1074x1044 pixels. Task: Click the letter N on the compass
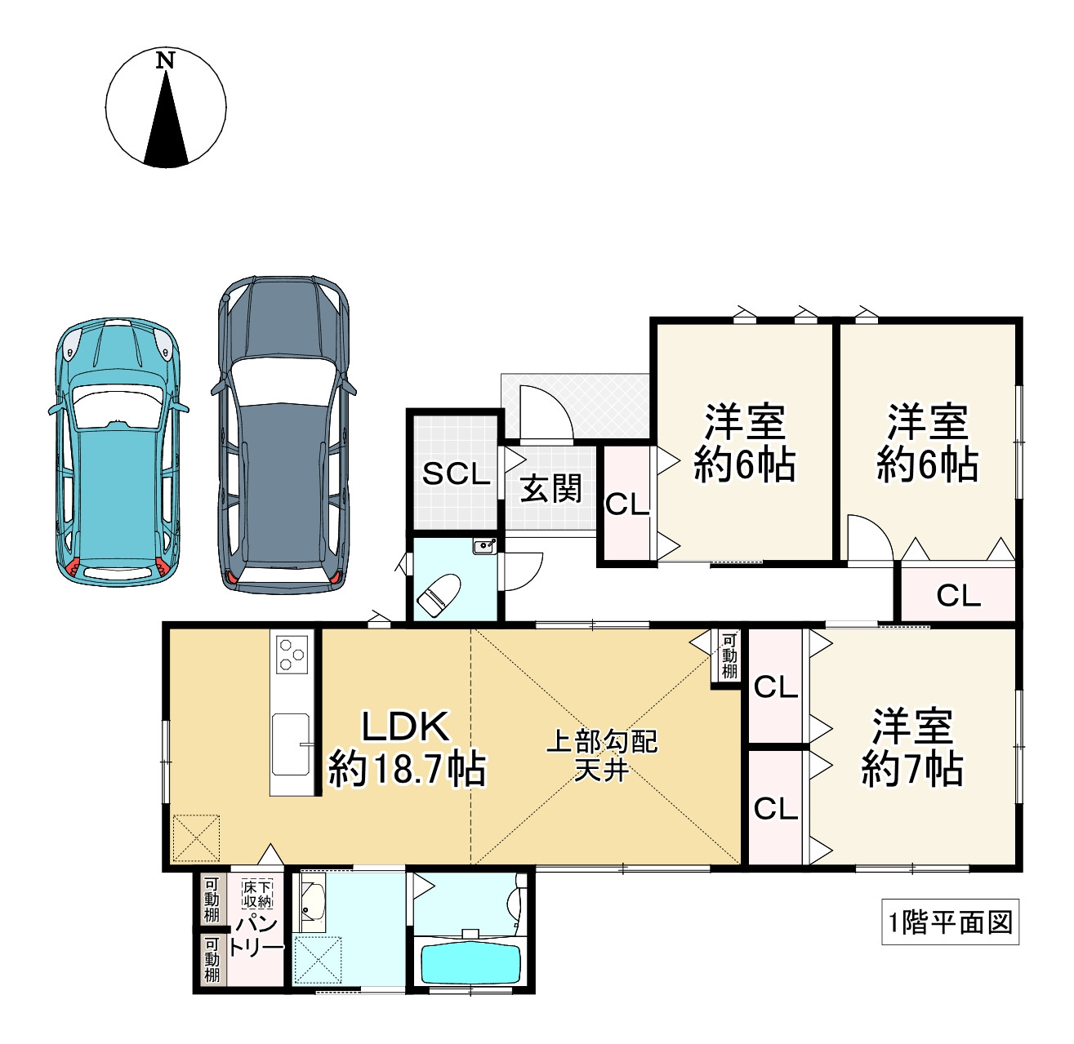[165, 60]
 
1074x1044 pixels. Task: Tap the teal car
[118, 452]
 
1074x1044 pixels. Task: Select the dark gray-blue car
[283, 436]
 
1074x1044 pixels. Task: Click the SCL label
[456, 473]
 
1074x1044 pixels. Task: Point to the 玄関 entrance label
[550, 489]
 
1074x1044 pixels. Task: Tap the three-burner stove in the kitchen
[292, 655]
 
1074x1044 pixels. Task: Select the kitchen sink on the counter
[290, 744]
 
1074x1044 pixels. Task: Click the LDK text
[406, 727]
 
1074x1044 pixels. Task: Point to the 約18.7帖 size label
[407, 770]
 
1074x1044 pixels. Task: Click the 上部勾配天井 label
[602, 755]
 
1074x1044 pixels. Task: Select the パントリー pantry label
[256, 937]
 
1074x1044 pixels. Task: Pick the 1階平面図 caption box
[951, 922]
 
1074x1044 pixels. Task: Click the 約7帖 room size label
[912, 770]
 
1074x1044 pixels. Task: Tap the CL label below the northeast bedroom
[959, 596]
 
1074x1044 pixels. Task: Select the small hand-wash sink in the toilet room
[484, 546]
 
